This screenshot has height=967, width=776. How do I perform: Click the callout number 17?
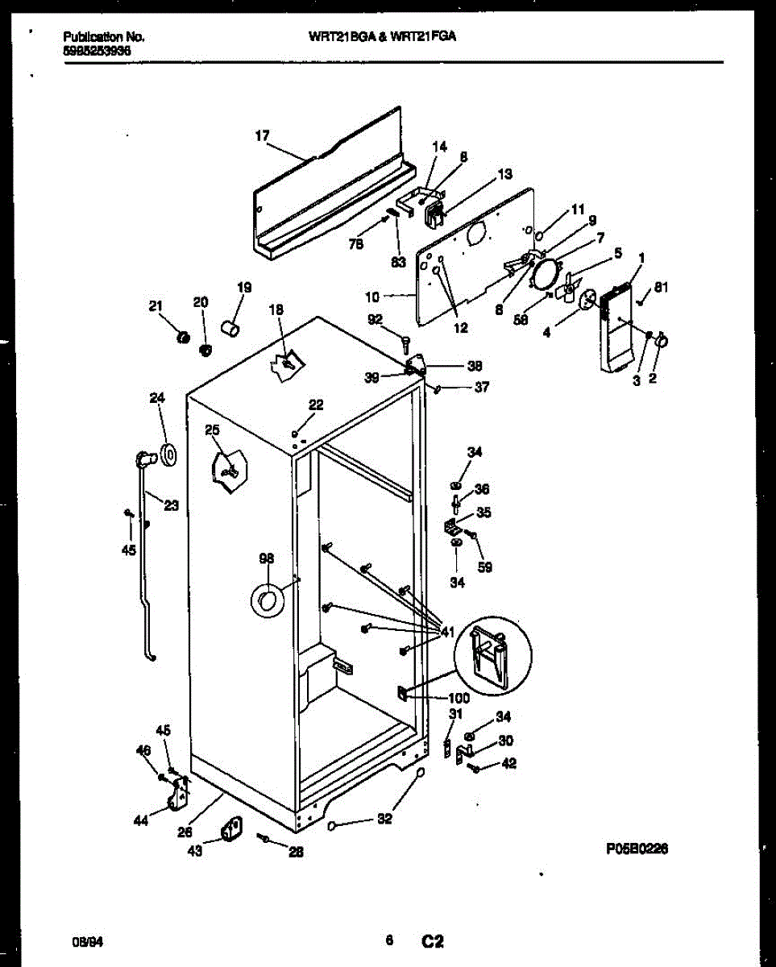coord(262,136)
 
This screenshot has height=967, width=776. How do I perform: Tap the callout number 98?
coord(267,558)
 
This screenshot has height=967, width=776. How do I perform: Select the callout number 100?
coord(459,699)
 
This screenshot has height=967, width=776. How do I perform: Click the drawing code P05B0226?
coord(637,849)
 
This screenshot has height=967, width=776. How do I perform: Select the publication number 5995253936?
coord(97,50)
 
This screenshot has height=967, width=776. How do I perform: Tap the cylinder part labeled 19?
coord(231,329)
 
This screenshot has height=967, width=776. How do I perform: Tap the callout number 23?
coord(171,506)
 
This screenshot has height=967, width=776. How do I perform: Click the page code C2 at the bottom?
coord(433,940)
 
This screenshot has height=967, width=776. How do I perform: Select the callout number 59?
coord(483,567)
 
